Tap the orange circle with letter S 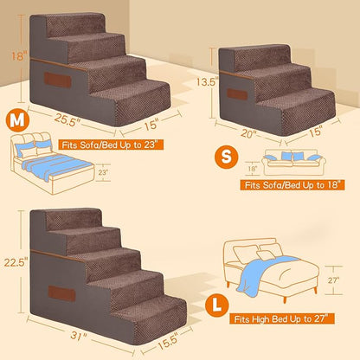coord(223,157)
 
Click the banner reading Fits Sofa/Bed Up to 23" coord(96,143)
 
